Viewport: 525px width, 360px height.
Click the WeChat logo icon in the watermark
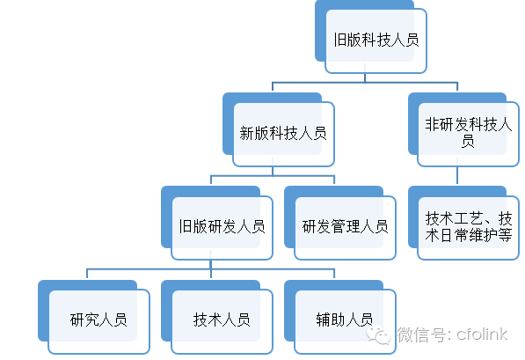[378, 334]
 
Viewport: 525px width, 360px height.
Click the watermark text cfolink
[482, 334]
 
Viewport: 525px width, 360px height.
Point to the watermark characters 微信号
[419, 334]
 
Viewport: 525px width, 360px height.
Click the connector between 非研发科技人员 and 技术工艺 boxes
[457, 175]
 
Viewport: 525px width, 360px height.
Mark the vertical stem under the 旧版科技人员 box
[365, 77]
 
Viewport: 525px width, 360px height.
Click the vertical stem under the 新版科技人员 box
[273, 171]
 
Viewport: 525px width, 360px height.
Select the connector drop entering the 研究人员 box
[87, 274]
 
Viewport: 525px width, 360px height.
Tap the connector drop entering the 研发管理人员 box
[334, 180]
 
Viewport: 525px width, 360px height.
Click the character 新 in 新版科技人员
[247, 134]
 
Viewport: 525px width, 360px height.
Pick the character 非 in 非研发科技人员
[433, 124]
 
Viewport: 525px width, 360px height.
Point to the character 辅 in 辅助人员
[323, 320]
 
